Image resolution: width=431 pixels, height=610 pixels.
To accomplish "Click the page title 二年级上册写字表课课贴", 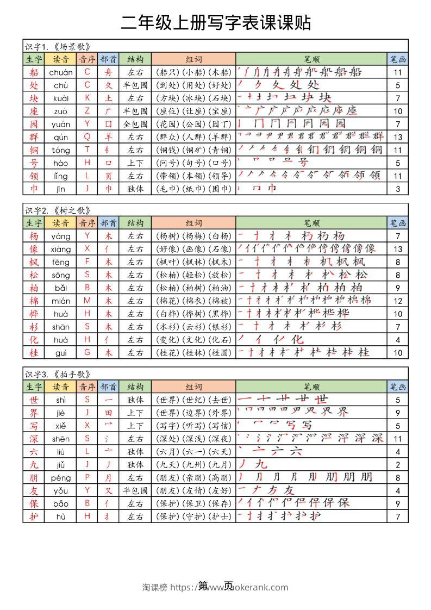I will [215, 23].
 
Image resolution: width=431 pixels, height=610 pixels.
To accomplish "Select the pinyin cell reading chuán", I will [61, 72].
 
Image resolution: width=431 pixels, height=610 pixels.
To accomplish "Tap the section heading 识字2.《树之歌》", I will [57, 210].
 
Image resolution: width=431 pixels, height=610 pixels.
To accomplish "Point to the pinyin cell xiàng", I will [61, 249].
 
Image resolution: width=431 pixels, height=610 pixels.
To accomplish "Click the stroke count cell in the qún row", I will [398, 137].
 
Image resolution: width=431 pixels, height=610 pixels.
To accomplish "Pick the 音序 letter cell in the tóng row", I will [88, 150].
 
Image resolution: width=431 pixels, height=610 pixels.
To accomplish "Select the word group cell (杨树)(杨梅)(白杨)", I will [193, 236].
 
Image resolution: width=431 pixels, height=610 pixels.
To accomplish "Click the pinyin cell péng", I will [61, 478].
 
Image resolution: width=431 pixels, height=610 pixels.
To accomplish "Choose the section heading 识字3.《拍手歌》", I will [57, 374].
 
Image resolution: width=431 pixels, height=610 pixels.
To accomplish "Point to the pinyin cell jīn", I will [61, 189].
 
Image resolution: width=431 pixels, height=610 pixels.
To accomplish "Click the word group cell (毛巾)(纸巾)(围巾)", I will [193, 189].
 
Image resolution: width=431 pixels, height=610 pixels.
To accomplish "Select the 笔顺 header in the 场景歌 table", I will [311, 59].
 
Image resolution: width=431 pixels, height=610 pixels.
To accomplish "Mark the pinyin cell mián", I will [61, 301].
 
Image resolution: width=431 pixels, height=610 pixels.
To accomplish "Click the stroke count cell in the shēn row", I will [398, 439].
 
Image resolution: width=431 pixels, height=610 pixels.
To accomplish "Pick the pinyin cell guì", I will [61, 353].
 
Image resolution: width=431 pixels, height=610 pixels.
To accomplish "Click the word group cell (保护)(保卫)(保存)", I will [193, 504].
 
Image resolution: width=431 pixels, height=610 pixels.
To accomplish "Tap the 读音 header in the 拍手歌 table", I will [61, 387].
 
